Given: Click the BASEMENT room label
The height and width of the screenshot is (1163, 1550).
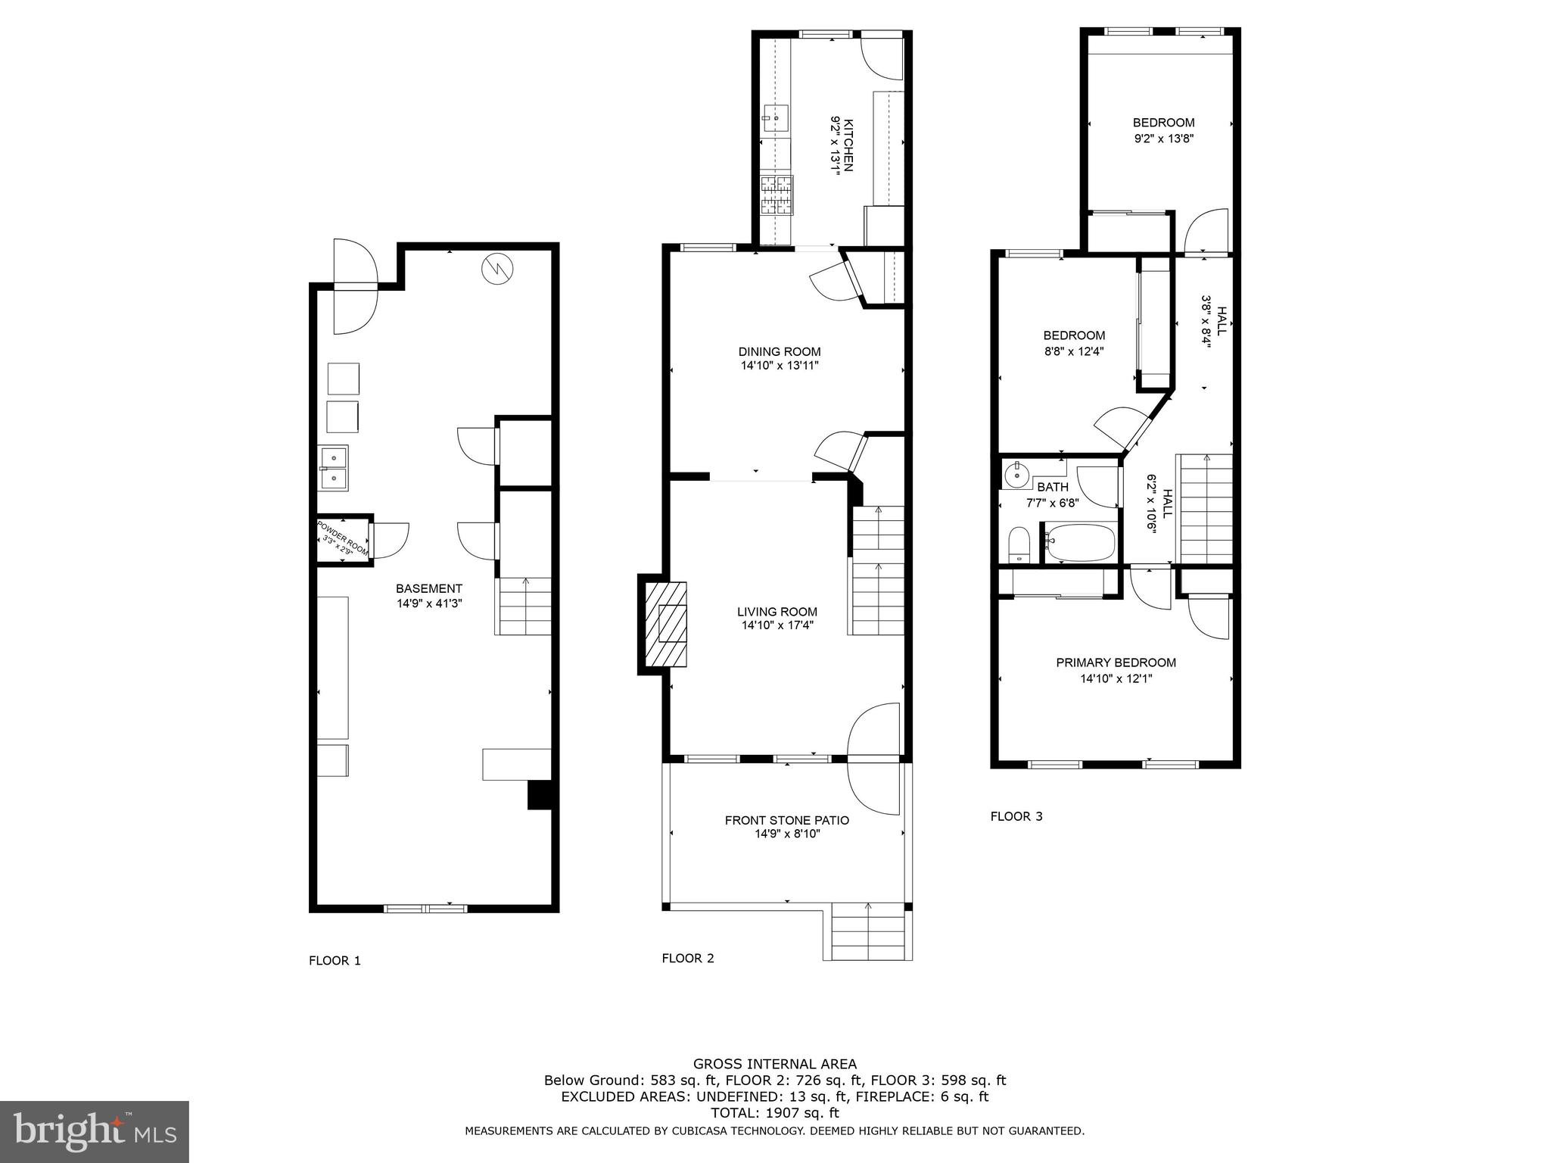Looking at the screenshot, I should pyautogui.click(x=428, y=588).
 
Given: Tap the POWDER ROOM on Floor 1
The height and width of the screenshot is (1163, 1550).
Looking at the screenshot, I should pyautogui.click(x=343, y=539).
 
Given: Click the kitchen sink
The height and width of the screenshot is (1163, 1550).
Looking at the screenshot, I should pyautogui.click(x=776, y=118).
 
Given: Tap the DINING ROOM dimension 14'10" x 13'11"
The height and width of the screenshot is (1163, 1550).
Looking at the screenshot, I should pyautogui.click(x=780, y=366).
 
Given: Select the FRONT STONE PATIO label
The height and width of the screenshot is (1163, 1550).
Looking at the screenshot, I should pyautogui.click(x=786, y=820).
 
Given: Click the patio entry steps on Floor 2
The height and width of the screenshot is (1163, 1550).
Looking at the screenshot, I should pyautogui.click(x=867, y=932).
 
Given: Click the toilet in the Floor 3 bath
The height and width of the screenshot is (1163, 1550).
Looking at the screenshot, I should pyautogui.click(x=1019, y=546).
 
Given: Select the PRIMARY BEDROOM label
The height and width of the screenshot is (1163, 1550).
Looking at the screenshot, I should pyautogui.click(x=1116, y=663).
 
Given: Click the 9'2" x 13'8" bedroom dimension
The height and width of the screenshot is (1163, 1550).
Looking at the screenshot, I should pyautogui.click(x=1163, y=139).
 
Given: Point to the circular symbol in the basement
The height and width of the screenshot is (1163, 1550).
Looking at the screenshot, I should pyautogui.click(x=497, y=268).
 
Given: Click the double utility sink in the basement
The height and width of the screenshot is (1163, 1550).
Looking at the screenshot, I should pyautogui.click(x=332, y=468).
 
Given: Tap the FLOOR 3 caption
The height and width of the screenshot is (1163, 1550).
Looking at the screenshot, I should pyautogui.click(x=1016, y=816).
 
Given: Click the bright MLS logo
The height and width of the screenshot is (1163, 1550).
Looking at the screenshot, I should pyautogui.click(x=94, y=1131).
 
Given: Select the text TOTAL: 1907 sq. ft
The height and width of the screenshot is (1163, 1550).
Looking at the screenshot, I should pyautogui.click(x=774, y=1113).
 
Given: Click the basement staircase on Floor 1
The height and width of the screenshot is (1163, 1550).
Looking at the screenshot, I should pyautogui.click(x=524, y=606).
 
